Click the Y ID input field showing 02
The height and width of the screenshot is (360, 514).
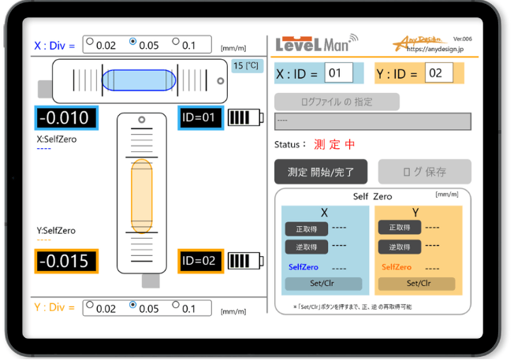[x=436, y=73]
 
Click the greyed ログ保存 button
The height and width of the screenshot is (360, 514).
[x=424, y=171]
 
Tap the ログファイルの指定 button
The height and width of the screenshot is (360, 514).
[x=337, y=102]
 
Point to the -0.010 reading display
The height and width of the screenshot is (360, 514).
[x=66, y=118]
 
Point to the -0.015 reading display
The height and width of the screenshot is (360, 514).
[x=66, y=261]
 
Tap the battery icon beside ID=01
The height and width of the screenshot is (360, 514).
[x=244, y=117]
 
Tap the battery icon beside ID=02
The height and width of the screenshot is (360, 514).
[x=244, y=260]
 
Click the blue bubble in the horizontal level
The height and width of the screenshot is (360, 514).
[x=139, y=80]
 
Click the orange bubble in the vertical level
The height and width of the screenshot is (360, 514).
[x=142, y=195]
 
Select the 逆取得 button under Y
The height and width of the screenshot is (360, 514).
[x=399, y=247]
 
